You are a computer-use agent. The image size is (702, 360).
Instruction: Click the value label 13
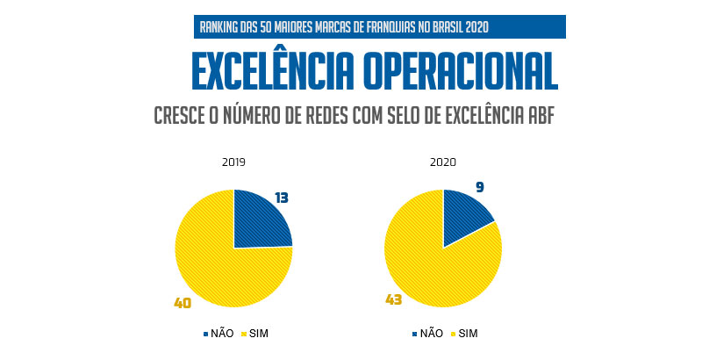(282, 198)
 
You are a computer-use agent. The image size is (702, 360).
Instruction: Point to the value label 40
(183, 303)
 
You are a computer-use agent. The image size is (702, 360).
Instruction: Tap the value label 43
(393, 299)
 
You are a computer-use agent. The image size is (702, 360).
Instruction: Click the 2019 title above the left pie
(233, 162)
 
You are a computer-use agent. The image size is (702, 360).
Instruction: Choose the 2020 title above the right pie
(443, 162)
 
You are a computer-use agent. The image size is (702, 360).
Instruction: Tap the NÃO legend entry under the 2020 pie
(427, 334)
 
